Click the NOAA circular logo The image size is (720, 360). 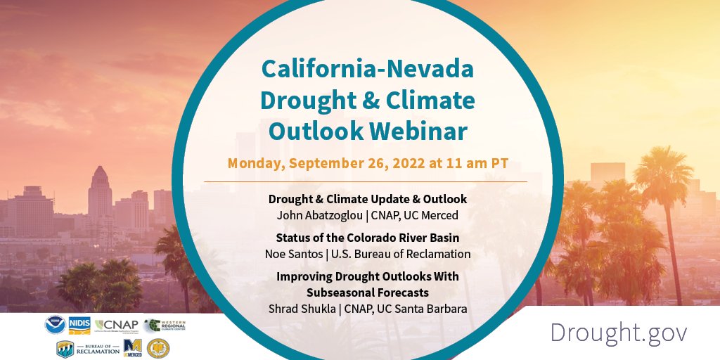pyautogui.click(x=55, y=325)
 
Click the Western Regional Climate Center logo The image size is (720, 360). pyautogui.click(x=166, y=326)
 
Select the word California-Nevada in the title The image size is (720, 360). pyautogui.click(x=368, y=70)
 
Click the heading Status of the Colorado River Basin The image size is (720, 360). pyautogui.click(x=368, y=238)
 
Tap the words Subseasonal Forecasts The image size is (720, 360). pyautogui.click(x=368, y=292)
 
